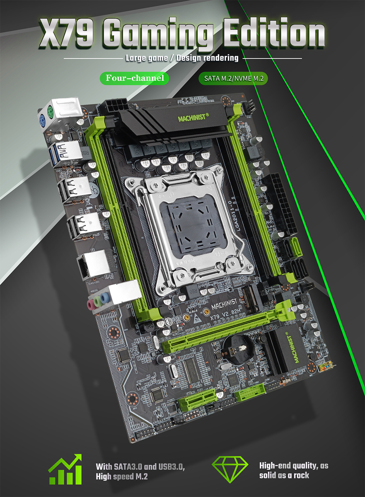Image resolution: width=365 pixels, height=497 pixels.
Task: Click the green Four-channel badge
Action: point(135,78)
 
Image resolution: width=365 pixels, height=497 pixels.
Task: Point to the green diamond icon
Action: point(230,470)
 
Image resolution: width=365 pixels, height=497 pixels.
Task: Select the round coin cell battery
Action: point(237,350)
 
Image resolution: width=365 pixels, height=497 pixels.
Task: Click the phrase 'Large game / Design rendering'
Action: point(182,58)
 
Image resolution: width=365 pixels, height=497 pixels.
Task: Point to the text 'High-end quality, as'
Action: point(293,466)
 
